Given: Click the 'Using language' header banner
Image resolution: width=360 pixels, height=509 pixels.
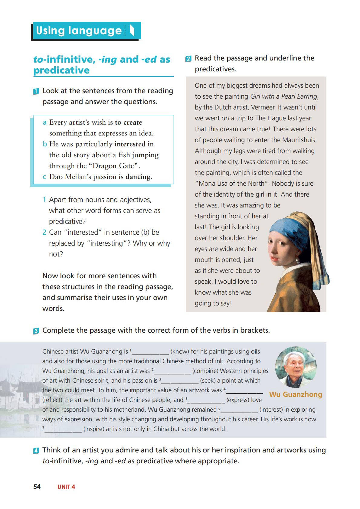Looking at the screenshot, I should (x=86, y=31).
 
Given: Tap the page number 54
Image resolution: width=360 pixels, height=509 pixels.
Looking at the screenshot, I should (x=37, y=487).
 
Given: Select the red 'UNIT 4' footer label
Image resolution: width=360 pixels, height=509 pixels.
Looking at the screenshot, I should (x=66, y=487).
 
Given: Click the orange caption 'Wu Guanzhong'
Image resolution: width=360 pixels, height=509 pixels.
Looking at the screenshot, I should (x=295, y=394).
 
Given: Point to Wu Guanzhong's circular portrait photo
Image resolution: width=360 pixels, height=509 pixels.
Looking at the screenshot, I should (x=296, y=367).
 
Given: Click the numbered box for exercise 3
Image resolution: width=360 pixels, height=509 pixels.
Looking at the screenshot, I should (x=36, y=331).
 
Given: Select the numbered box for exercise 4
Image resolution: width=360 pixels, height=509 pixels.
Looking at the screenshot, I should (x=36, y=451).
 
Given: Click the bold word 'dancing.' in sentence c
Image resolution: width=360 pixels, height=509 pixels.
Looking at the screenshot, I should (x=139, y=177).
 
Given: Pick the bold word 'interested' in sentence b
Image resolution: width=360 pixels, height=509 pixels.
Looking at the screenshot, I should (x=130, y=144).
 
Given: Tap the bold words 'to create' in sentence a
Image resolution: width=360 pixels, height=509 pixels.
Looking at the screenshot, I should (x=128, y=122).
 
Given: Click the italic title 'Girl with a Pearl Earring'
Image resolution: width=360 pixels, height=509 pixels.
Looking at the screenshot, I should (x=283, y=96).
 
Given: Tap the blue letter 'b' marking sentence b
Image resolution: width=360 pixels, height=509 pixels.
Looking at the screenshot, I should (x=45, y=144).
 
